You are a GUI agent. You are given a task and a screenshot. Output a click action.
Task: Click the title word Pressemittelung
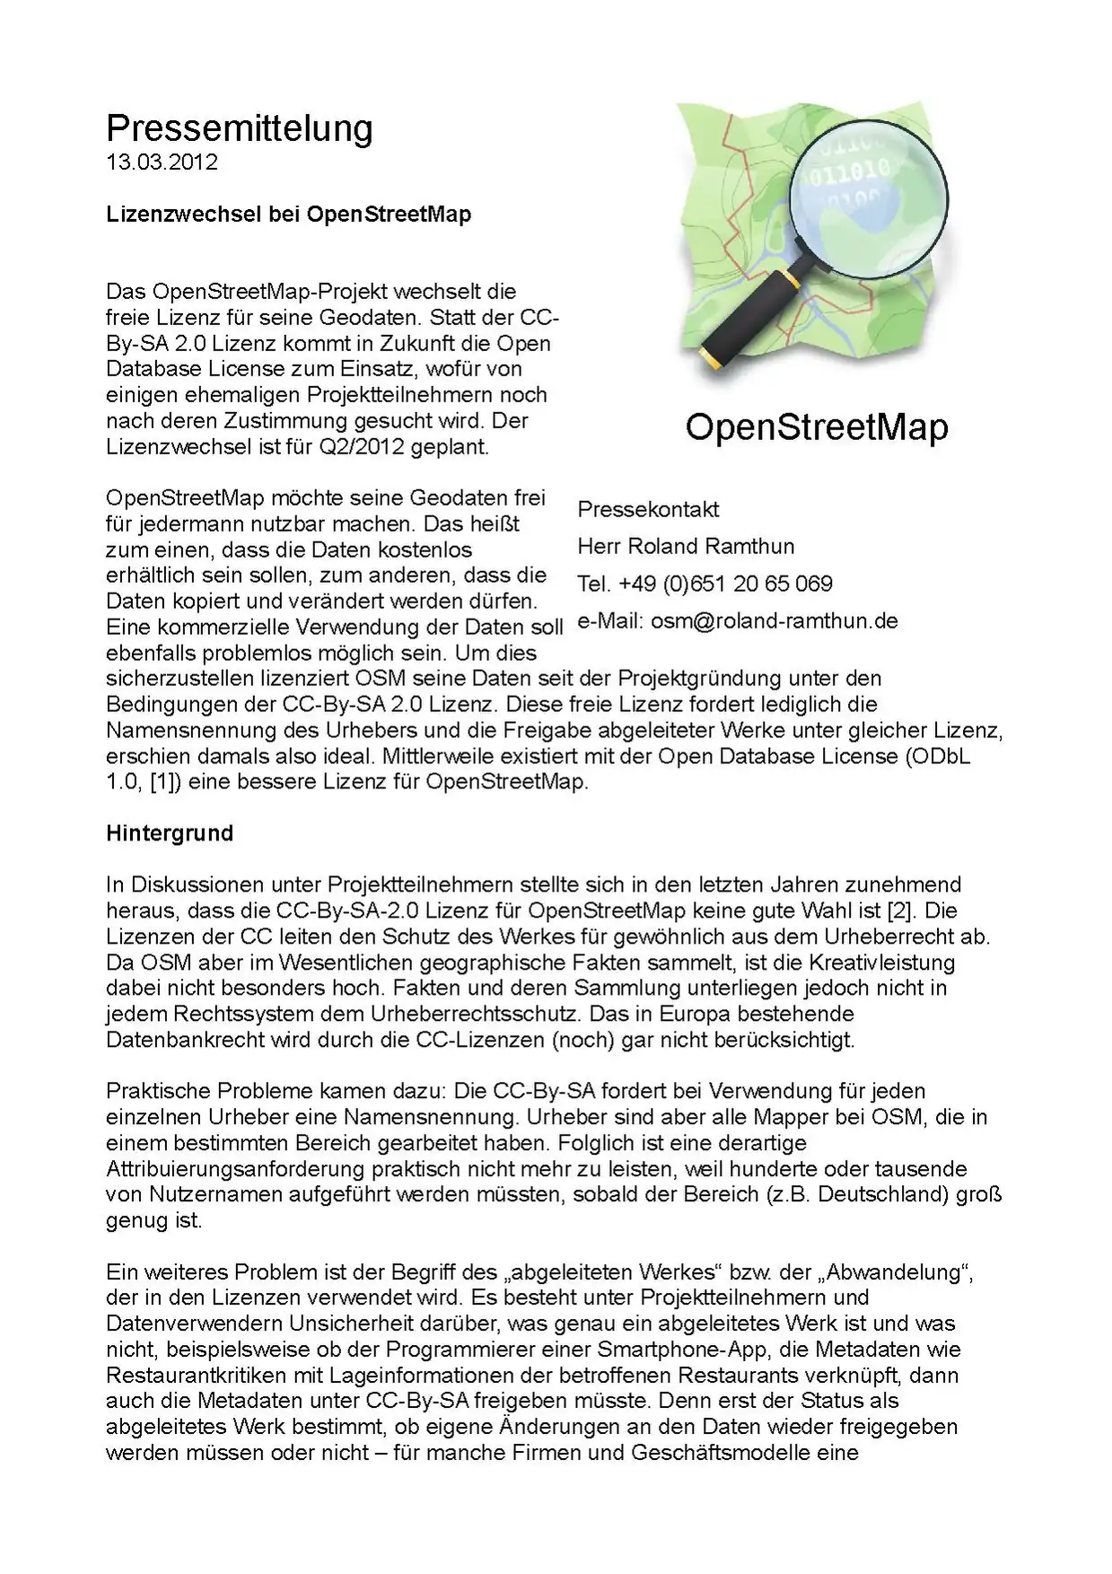[x=239, y=128]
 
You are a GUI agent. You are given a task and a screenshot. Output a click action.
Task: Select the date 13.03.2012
[x=162, y=163]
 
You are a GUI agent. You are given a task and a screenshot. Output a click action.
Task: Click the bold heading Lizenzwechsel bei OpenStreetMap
[x=288, y=215]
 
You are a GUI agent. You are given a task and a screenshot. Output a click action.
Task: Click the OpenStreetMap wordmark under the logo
[x=816, y=427]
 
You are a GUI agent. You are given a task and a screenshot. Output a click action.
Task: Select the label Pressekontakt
[x=648, y=510]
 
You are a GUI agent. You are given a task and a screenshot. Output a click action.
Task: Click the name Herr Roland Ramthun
[x=686, y=547]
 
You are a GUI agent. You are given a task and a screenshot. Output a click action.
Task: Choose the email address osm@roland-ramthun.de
[x=774, y=621]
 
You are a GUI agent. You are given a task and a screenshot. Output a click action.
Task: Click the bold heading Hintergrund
[x=170, y=833]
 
